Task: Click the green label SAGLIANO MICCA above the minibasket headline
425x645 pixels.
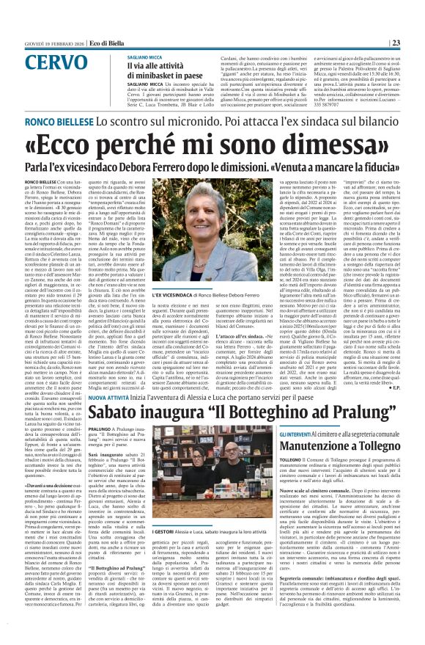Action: point(147,57)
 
